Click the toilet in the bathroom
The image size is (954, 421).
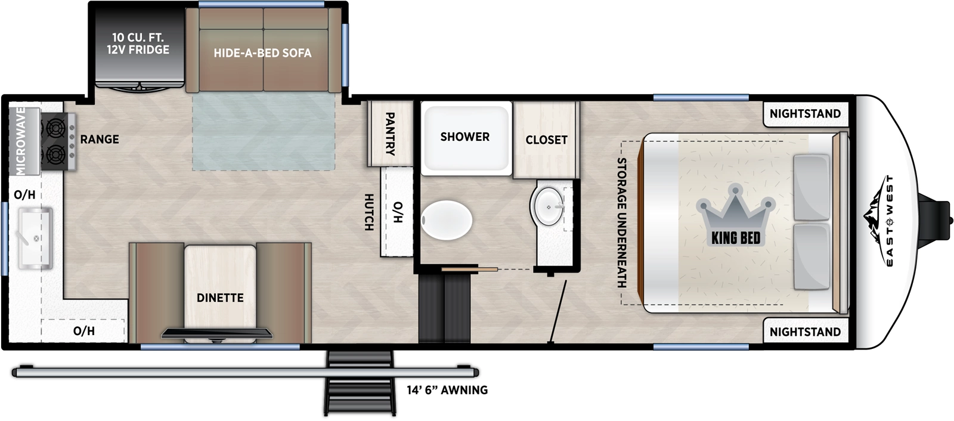[x=447, y=220]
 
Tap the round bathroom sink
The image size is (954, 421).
[x=548, y=206]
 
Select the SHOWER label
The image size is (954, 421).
[x=464, y=137]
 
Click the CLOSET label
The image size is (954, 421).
[x=546, y=140]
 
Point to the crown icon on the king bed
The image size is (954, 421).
[x=736, y=209]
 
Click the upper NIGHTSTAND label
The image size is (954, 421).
[x=804, y=113]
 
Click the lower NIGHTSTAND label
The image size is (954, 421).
[x=804, y=332]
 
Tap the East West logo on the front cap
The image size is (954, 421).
[x=881, y=221]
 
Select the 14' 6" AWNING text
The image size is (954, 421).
[x=447, y=390]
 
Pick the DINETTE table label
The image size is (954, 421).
[x=220, y=298]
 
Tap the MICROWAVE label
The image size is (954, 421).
[x=21, y=141]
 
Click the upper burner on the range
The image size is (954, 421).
[x=55, y=127]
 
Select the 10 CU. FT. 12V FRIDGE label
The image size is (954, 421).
[x=138, y=44]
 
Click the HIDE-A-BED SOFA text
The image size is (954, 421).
[x=262, y=53]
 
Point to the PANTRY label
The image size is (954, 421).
[x=390, y=134]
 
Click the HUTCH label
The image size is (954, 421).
[x=369, y=212]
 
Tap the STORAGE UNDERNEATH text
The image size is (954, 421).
[x=622, y=222]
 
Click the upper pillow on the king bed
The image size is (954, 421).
[x=811, y=187]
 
